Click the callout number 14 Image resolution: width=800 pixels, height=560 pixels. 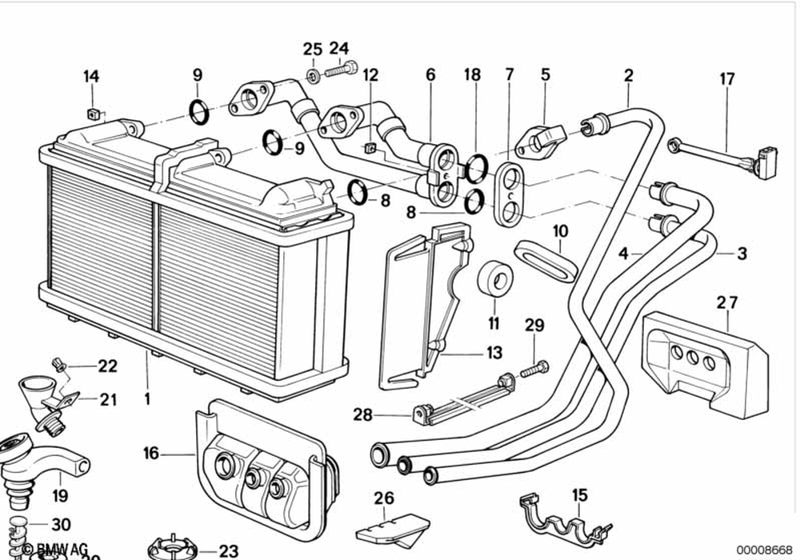[x=91, y=77]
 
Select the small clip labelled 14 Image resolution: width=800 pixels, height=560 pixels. [x=93, y=113]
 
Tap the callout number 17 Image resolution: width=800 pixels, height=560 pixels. [x=726, y=79]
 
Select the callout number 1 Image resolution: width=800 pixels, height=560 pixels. [x=147, y=397]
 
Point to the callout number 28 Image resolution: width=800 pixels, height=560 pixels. [x=363, y=414]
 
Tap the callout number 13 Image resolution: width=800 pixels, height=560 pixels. [x=494, y=352]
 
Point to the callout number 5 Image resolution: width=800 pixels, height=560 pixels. [x=546, y=75]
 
